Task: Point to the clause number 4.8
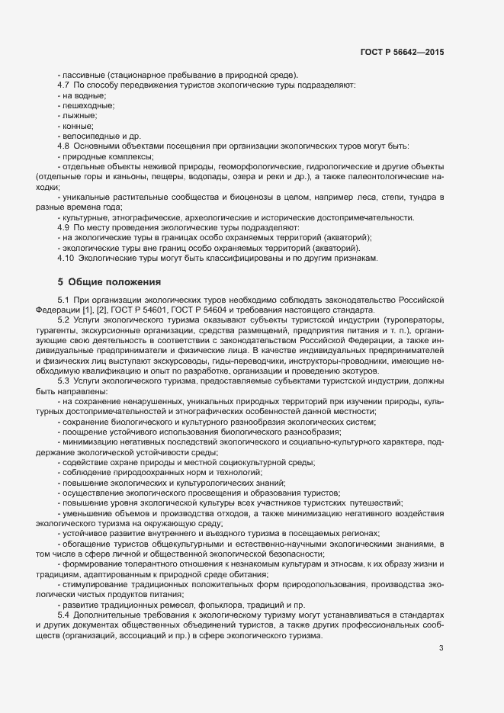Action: pyautogui.click(x=64, y=145)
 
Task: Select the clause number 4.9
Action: pyautogui.click(x=64, y=227)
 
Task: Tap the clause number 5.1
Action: pyautogui.click(x=64, y=300)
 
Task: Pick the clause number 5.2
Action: pyautogui.click(x=64, y=320)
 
